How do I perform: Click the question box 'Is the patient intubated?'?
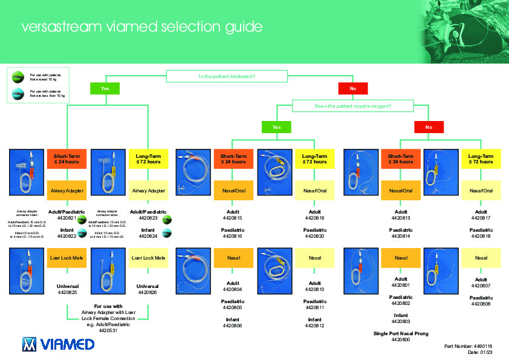coord(226,76)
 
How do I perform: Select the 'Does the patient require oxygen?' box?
coord(352,106)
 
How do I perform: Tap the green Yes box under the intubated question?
coord(105,88)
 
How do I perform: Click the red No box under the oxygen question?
coord(429,127)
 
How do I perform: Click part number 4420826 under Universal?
coord(148,292)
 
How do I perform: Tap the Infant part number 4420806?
coord(233,326)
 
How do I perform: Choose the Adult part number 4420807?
coord(481,285)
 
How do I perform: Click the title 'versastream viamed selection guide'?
coord(141,27)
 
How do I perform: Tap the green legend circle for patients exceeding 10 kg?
coord(18,77)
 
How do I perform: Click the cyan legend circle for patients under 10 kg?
coord(18,93)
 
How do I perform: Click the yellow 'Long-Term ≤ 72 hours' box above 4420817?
coord(481,159)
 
